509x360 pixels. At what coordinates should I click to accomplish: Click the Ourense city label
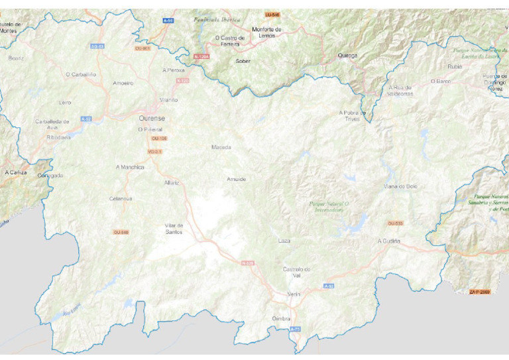(x=152, y=118)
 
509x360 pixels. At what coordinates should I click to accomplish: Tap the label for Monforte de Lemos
(x=266, y=32)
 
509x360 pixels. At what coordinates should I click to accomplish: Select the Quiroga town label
(x=347, y=56)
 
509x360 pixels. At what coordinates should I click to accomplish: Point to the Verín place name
(x=294, y=294)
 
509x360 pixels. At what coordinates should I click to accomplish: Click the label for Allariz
(x=172, y=182)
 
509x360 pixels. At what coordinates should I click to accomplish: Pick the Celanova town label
(x=121, y=198)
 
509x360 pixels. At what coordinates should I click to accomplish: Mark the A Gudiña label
(x=389, y=241)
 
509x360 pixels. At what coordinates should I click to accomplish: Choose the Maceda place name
(x=221, y=147)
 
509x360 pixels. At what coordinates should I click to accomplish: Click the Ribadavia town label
(x=58, y=137)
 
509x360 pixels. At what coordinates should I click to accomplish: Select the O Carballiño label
(x=81, y=74)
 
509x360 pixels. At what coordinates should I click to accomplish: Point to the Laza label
(x=284, y=241)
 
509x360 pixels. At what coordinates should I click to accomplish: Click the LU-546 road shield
(x=272, y=15)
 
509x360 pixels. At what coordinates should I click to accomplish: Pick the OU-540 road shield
(x=121, y=232)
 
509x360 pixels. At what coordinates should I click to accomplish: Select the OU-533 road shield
(x=395, y=223)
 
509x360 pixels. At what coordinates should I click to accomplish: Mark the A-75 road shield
(x=296, y=329)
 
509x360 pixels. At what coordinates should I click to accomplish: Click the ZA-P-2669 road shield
(x=480, y=292)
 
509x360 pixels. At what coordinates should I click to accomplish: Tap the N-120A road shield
(x=201, y=57)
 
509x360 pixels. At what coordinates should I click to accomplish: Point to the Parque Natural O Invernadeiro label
(x=329, y=206)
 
